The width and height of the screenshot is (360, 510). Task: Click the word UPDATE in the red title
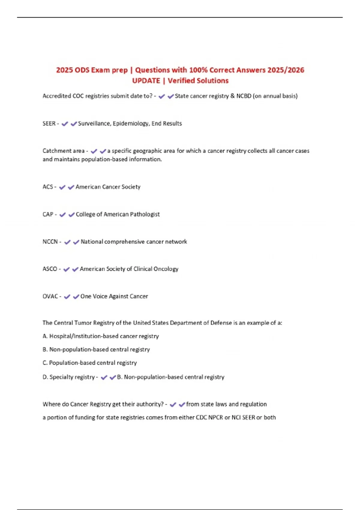146,81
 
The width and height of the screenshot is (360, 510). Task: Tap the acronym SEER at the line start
49,124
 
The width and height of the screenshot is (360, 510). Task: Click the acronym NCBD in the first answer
244,96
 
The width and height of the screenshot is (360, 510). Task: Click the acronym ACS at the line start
48,187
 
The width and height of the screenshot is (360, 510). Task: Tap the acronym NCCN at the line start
50,242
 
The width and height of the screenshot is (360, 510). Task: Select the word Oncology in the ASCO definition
166,269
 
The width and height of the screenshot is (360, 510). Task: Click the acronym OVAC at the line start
50,296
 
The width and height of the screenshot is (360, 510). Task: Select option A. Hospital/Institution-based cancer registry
101,336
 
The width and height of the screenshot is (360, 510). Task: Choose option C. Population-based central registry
90,363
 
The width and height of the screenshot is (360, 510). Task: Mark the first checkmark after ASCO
67,269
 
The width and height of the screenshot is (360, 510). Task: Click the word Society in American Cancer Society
130,187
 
